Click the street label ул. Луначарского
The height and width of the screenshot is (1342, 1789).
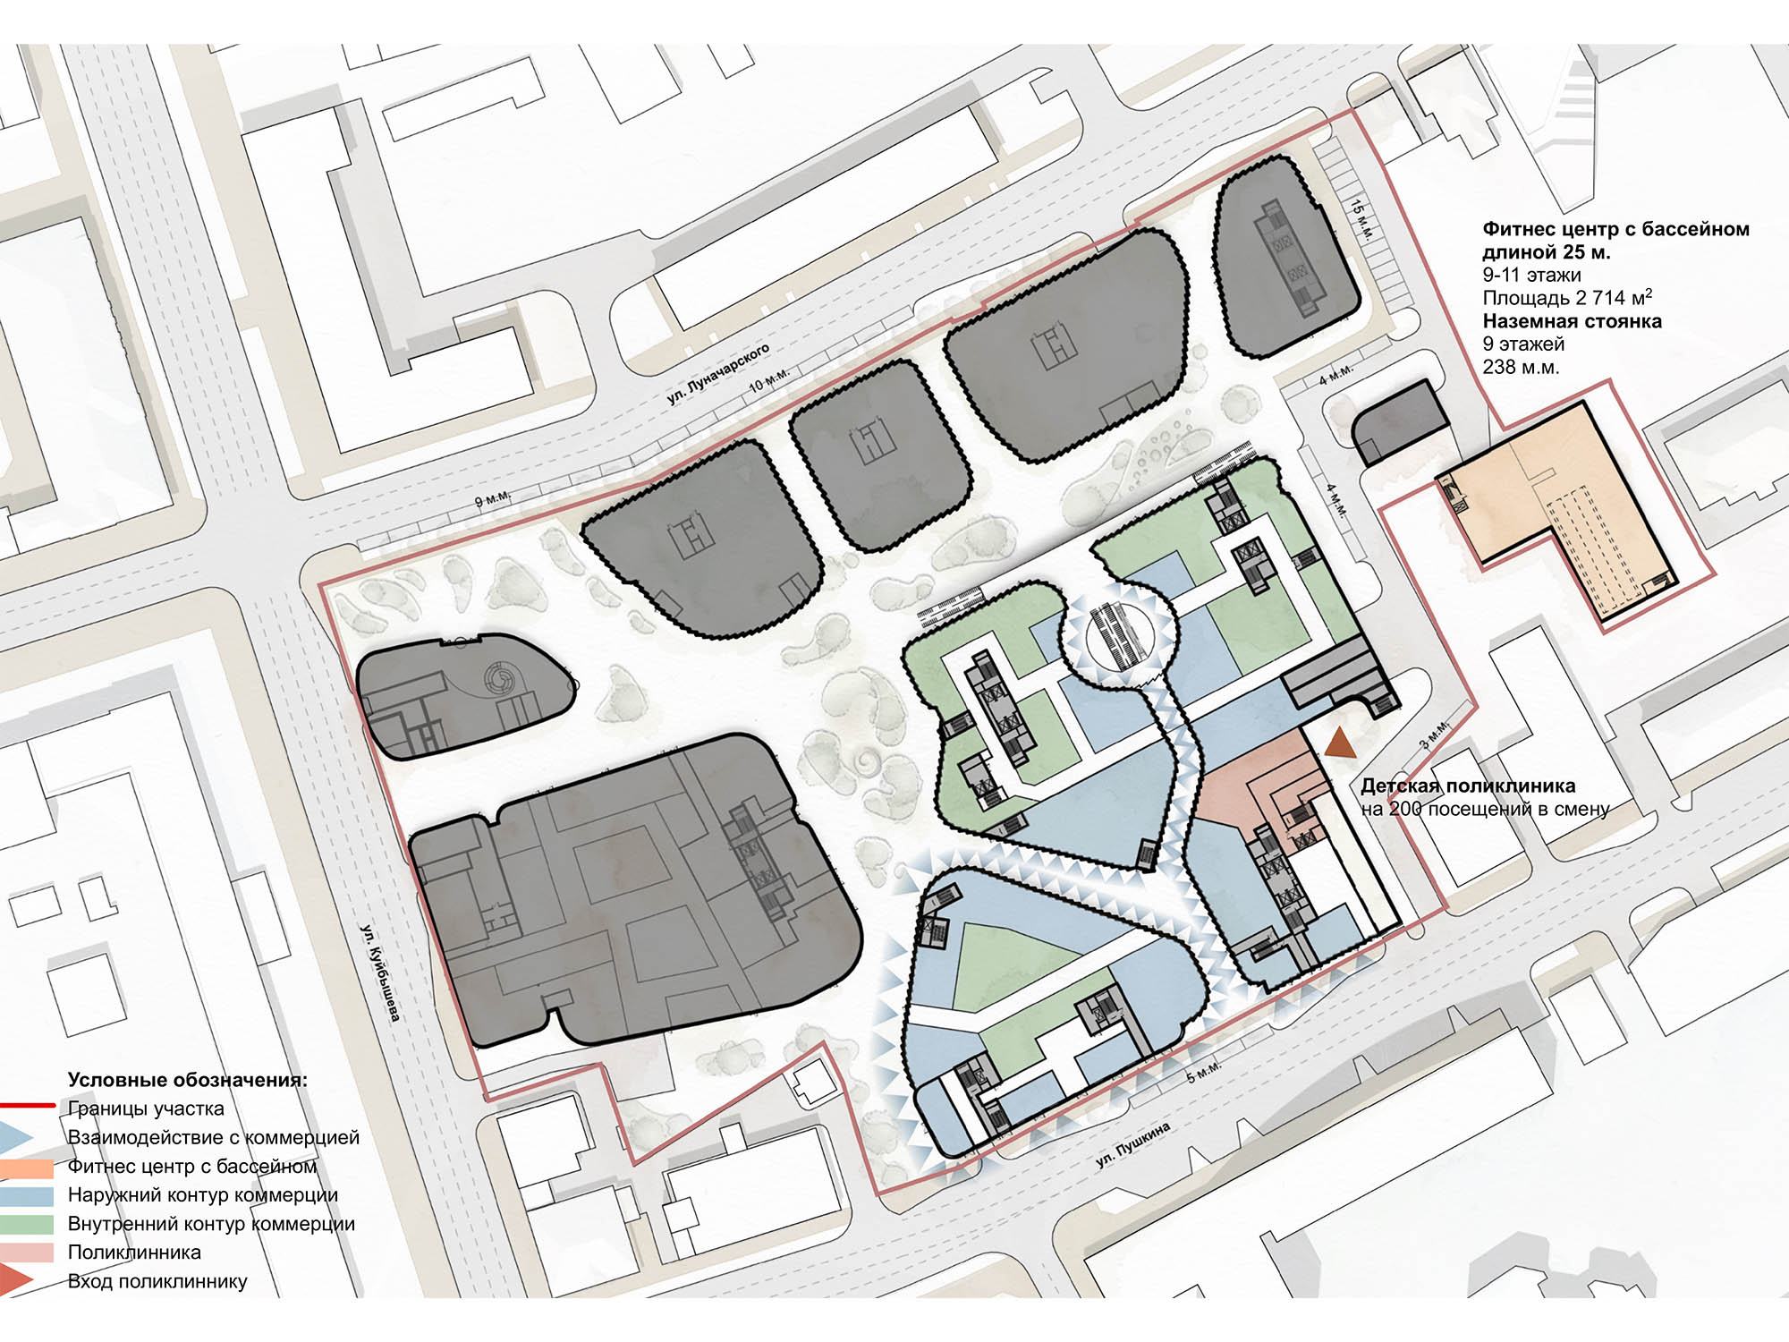718,373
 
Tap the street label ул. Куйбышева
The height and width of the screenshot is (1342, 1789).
382,973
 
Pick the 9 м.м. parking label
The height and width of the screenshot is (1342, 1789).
493,498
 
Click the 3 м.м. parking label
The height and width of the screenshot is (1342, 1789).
1436,734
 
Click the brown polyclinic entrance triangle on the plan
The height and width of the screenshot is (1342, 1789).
1339,743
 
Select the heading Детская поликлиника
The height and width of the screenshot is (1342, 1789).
1468,786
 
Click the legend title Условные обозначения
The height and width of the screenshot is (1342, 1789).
188,1080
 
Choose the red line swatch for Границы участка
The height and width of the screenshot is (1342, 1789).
28,1106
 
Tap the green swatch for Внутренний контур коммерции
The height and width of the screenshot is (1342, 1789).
27,1223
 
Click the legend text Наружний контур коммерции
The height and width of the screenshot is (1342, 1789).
203,1195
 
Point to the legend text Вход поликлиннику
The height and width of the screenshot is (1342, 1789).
157,1281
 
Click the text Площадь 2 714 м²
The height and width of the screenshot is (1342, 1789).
1567,297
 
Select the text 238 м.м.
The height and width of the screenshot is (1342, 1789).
1521,367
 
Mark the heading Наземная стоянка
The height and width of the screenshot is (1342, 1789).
1572,321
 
